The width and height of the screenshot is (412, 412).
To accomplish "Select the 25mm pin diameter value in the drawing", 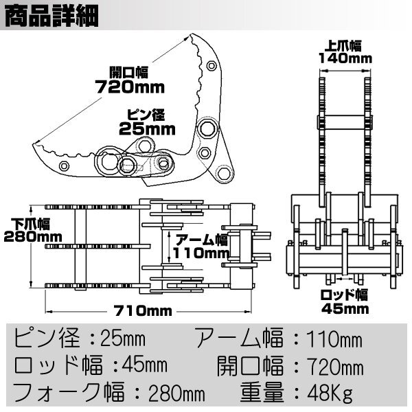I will pyautogui.click(x=148, y=128).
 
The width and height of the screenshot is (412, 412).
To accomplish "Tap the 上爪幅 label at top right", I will pyautogui.click(x=344, y=45).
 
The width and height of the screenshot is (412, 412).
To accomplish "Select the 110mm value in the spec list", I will pyautogui.click(x=333, y=338).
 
